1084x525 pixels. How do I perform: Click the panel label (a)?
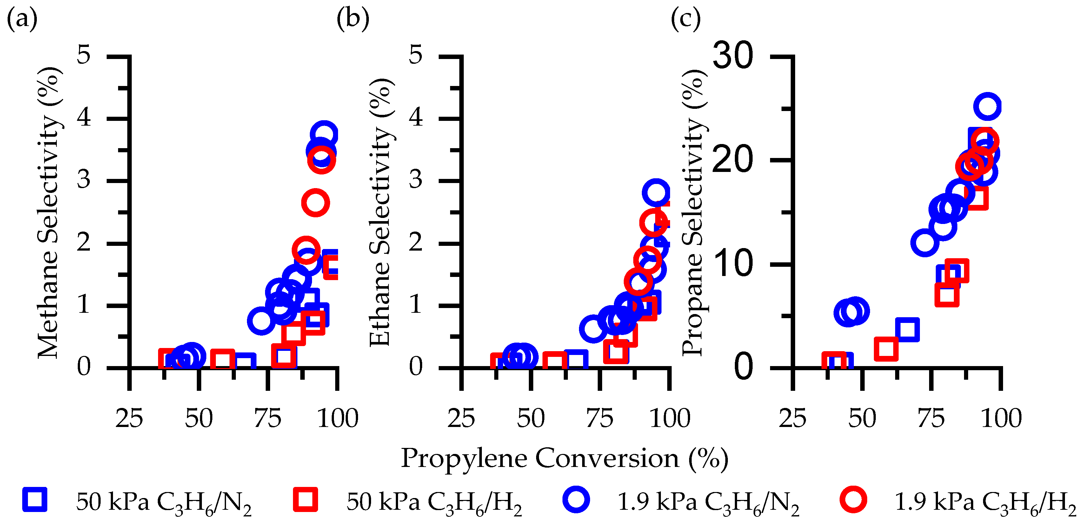22,19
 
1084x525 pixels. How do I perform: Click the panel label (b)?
353,19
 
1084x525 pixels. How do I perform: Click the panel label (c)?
686,19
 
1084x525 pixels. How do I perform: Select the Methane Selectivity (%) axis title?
50,213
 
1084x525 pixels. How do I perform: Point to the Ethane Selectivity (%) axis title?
381,213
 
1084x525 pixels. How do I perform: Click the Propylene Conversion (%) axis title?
564,458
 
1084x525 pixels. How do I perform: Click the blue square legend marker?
35,500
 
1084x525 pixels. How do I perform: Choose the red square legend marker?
305,500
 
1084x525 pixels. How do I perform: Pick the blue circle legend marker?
576,500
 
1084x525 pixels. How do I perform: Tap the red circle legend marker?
853,500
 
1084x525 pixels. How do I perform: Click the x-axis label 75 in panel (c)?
931,418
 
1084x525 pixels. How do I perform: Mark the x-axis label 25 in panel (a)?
129,418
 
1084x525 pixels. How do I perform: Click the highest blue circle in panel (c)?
987,107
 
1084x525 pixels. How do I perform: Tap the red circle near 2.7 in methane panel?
315,203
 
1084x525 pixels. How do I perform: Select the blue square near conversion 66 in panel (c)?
907,329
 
